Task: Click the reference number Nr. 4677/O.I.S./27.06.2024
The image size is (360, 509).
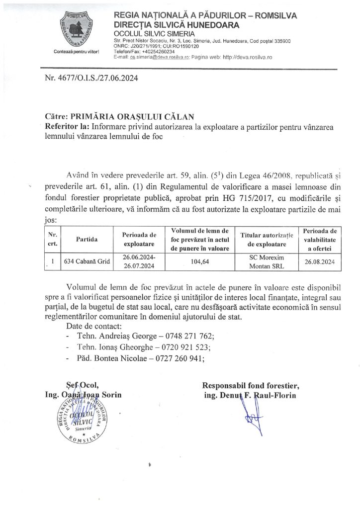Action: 89,78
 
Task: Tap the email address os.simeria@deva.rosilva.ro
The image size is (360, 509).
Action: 159,57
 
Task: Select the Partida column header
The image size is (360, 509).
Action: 87,240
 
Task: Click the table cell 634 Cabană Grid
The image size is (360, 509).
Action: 87,261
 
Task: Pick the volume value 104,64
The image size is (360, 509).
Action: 199,261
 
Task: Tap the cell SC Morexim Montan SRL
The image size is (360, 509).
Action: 267,261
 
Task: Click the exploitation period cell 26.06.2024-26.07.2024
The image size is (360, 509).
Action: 139,261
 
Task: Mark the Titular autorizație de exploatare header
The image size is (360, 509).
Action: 267,240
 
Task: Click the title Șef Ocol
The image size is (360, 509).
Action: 83,384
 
